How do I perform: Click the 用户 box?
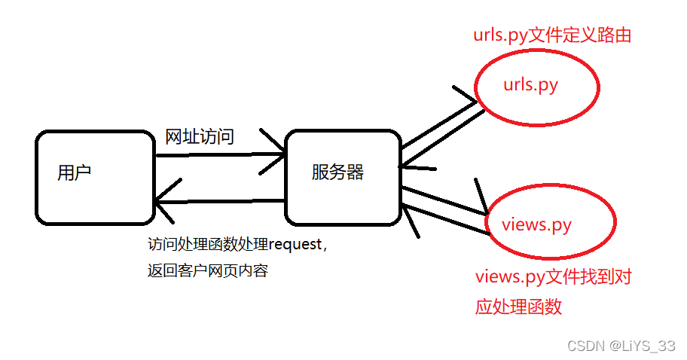coord(95,178)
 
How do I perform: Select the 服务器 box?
coord(343,178)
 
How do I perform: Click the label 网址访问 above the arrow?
coord(199,137)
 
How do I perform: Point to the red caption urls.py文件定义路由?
coord(551,35)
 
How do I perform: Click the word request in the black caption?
coord(295,244)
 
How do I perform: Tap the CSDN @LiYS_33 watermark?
coord(621,346)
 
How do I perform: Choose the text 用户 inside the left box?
coord(74,172)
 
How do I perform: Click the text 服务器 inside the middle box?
coord(337,172)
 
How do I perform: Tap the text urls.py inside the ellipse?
coord(530,84)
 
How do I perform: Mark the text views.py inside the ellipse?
coord(536,224)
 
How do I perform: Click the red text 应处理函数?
coord(518,307)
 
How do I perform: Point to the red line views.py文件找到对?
coord(553,277)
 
